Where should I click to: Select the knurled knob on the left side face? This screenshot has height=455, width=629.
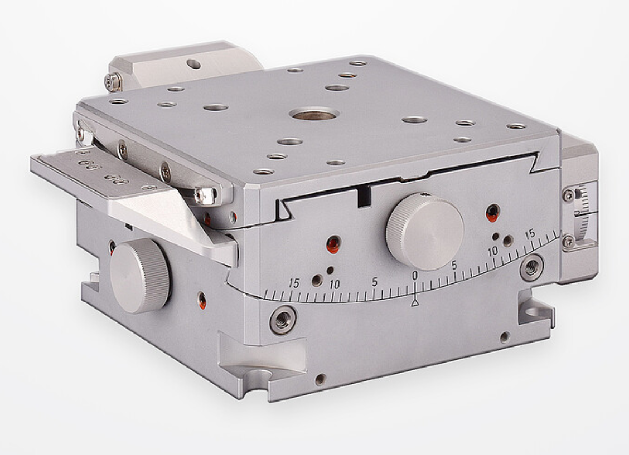pos(140,276)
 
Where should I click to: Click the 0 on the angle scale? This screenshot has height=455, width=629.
pos(415,275)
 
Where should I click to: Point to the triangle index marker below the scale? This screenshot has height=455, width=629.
pos(415,302)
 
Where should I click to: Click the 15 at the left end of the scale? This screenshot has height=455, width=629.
pos(294,283)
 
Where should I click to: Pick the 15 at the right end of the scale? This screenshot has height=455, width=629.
pos(530,233)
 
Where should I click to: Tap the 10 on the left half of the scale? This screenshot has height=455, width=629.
pos(334,285)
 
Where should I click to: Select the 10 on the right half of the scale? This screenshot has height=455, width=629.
pos(492,252)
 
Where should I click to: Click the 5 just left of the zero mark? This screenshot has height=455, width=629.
pos(375,282)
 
